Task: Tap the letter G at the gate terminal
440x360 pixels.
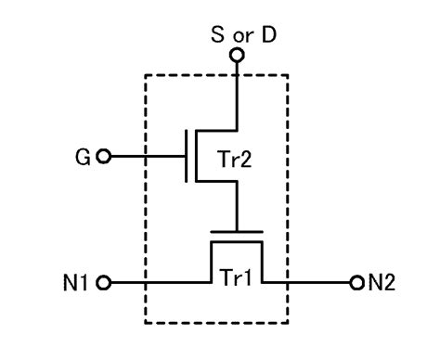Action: [83, 156]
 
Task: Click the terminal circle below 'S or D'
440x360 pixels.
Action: [237, 57]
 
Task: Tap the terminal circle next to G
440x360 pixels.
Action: [103, 156]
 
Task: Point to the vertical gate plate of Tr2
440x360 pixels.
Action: [188, 156]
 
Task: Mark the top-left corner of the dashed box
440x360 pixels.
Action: [146, 75]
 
